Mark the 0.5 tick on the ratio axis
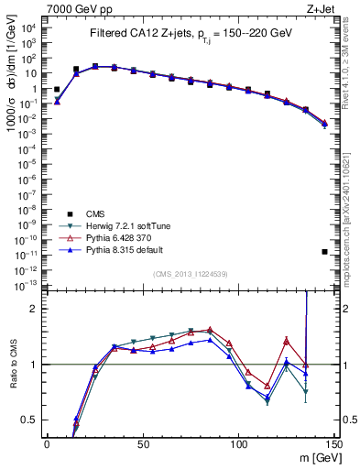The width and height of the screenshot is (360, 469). point(30,420)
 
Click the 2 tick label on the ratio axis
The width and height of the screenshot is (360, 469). point(35,309)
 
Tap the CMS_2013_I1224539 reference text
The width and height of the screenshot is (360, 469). point(189,274)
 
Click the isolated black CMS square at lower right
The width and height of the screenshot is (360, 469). point(325,251)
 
